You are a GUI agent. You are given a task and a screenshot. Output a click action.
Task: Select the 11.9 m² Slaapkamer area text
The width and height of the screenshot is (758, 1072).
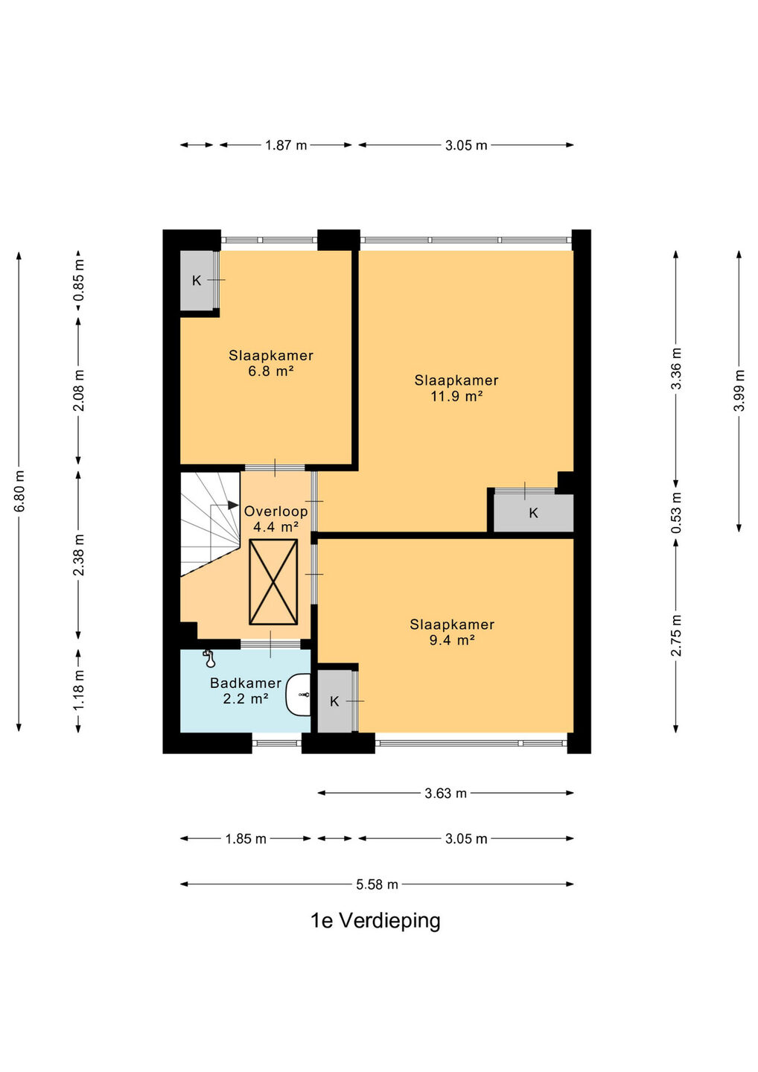(456, 388)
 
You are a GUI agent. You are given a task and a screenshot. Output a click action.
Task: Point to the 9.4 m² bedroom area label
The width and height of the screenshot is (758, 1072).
(452, 632)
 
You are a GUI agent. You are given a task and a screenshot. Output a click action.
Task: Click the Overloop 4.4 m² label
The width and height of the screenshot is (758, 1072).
(276, 519)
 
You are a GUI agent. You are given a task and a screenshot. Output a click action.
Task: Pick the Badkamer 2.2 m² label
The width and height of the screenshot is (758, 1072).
(246, 690)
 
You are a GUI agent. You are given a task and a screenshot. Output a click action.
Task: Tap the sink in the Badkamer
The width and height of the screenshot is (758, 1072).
(298, 695)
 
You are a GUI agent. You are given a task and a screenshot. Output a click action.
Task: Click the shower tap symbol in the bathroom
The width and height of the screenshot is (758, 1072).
(209, 659)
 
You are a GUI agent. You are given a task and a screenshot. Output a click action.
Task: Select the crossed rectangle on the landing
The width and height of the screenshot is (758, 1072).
(273, 582)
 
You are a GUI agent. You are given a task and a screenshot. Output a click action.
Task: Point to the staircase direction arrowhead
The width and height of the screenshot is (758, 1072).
(234, 505)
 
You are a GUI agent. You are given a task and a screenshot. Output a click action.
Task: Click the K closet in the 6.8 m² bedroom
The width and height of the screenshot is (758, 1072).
(197, 281)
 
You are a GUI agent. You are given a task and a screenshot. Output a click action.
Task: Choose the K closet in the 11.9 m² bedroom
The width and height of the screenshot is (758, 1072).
(534, 513)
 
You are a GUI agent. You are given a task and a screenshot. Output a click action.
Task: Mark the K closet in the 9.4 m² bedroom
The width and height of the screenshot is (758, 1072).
(334, 701)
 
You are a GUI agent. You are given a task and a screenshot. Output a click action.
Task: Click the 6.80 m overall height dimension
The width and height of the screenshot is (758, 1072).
(19, 491)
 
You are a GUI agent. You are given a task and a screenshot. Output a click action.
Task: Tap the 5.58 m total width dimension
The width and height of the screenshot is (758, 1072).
(377, 884)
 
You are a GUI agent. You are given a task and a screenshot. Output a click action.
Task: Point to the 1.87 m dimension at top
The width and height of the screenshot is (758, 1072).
(286, 145)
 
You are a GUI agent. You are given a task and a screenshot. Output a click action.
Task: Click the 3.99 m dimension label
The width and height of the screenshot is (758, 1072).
(739, 391)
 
